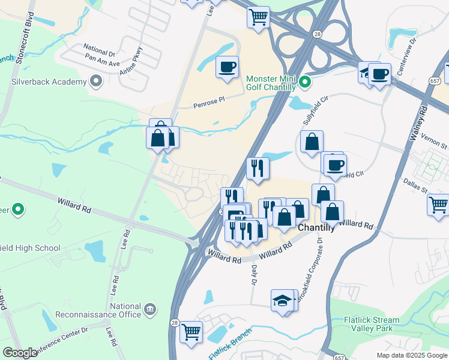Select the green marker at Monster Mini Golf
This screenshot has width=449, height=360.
click(304, 82)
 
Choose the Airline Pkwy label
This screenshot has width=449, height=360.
click(131, 61)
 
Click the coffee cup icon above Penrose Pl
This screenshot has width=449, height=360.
click(228, 68)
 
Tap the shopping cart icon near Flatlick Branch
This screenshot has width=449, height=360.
click(191, 331)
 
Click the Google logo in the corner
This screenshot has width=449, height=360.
click(20, 353)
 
